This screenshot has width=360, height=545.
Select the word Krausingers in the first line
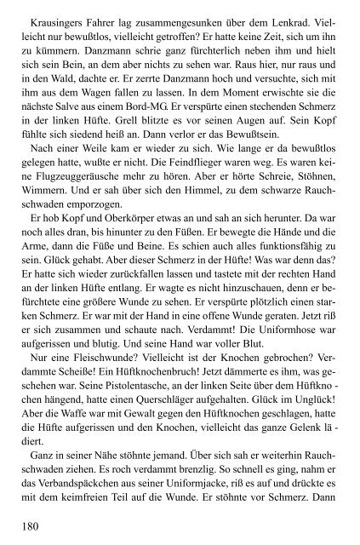[x=60, y=16]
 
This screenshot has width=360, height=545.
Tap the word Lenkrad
[x=289, y=16]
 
